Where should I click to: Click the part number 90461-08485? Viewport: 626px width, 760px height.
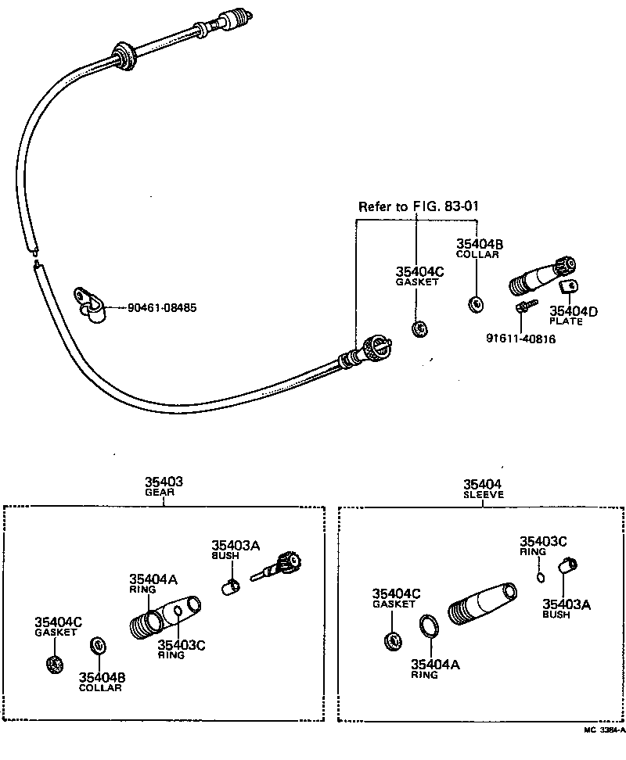click(x=162, y=308)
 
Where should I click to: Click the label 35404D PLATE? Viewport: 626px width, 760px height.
click(x=573, y=316)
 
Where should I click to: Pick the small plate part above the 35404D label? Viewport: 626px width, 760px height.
click(x=570, y=290)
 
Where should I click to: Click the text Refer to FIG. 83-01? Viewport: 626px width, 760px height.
click(x=418, y=207)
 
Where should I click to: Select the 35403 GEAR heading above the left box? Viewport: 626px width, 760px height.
click(x=163, y=487)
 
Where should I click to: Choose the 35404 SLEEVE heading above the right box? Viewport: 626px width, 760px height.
click(x=483, y=489)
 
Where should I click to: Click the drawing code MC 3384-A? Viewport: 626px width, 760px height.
click(x=603, y=730)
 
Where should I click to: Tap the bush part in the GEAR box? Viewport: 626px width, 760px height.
click(x=230, y=586)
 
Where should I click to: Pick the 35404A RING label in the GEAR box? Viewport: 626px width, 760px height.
click(x=153, y=583)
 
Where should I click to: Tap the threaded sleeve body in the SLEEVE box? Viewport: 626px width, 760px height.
click(x=480, y=605)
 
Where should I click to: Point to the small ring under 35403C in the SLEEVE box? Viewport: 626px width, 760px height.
click(x=540, y=577)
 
